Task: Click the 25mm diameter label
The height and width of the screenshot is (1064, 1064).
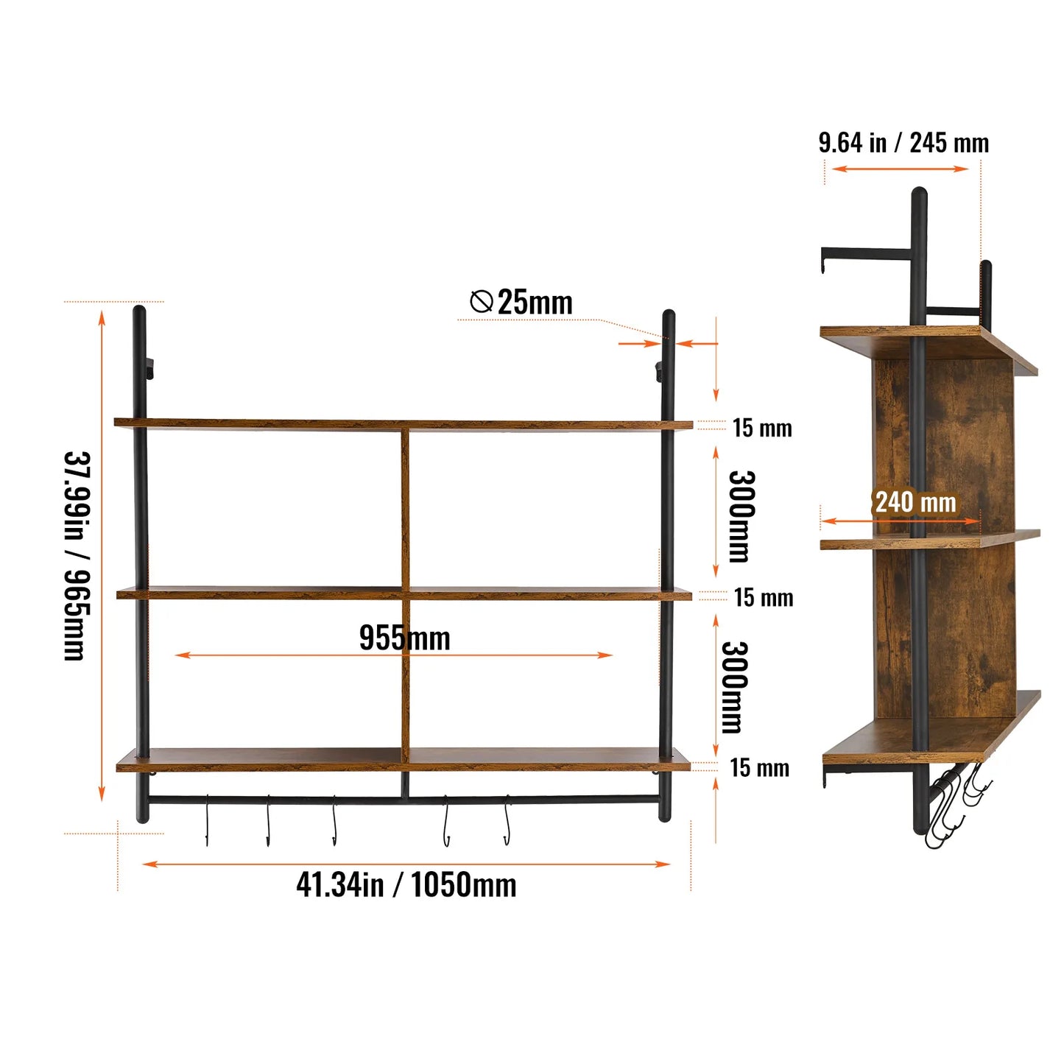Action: click(535, 303)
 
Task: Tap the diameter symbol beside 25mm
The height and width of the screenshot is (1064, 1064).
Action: click(481, 301)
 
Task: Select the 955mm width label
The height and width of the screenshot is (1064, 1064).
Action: click(404, 638)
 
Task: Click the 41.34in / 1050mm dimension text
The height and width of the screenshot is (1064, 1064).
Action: click(406, 884)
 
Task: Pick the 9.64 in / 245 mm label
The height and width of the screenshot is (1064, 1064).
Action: click(903, 143)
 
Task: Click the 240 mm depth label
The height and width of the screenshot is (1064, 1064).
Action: click(915, 502)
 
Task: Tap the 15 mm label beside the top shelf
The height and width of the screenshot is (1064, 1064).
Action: click(762, 428)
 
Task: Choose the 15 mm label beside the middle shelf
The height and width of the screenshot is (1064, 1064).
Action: click(764, 597)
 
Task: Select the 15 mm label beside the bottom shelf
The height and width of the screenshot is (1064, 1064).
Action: click(759, 768)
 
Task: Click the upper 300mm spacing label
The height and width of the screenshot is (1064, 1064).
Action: click(741, 516)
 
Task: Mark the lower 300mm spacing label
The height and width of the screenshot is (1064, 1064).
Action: click(735, 687)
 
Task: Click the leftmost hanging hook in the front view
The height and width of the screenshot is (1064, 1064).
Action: click(207, 820)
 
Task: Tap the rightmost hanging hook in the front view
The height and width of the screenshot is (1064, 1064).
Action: click(507, 820)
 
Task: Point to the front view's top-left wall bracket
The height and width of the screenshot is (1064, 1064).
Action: click(149, 368)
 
